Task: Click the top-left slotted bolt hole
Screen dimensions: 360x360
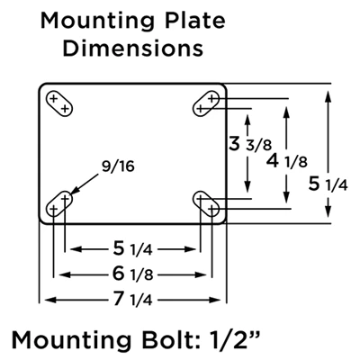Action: click(x=61, y=103)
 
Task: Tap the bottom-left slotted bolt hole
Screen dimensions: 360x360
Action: click(x=61, y=203)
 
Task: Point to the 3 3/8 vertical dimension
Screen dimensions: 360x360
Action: click(x=247, y=145)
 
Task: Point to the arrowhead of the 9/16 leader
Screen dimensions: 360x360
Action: click(x=73, y=190)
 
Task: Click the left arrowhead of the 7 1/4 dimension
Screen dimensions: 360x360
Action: click(x=42, y=299)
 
